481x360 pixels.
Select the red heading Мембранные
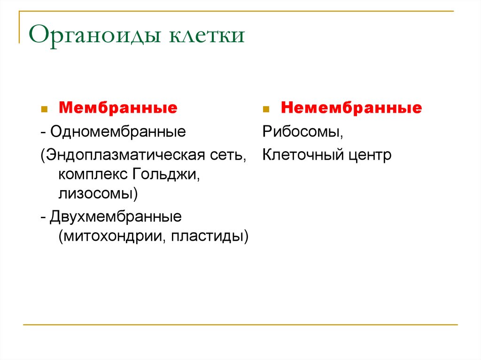pos(117,108)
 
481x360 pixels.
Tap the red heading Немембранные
pos(351,108)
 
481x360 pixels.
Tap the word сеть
pos(228,155)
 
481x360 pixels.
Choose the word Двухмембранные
pos(116,217)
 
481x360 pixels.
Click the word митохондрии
pos(113,236)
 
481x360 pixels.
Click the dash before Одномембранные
pos(43,132)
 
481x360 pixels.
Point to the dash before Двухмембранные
pos(43,218)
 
